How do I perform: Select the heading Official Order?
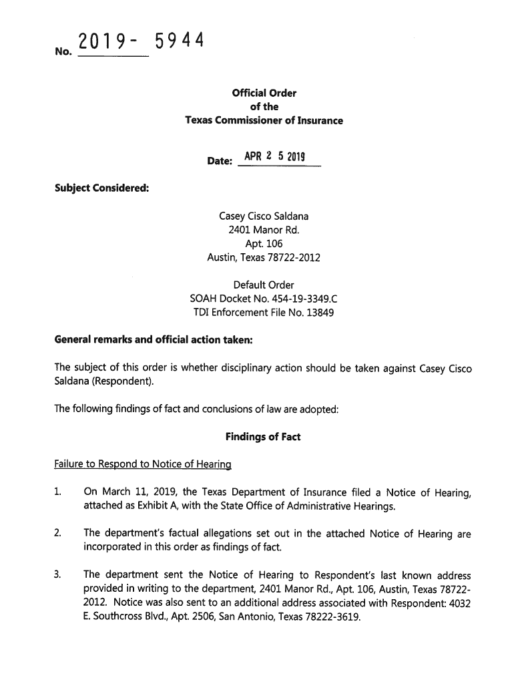point(264,93)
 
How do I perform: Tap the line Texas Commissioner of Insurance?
point(264,121)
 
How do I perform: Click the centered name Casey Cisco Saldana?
point(264,216)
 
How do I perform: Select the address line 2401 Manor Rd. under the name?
point(264,230)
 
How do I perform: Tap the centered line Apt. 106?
point(264,244)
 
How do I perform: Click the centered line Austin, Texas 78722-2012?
point(264,258)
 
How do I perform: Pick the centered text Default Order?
point(264,285)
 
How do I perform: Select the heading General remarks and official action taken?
point(153,340)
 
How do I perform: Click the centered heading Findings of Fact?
point(264,437)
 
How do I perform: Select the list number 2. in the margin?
point(58,533)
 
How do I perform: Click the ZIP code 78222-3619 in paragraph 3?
point(334,616)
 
